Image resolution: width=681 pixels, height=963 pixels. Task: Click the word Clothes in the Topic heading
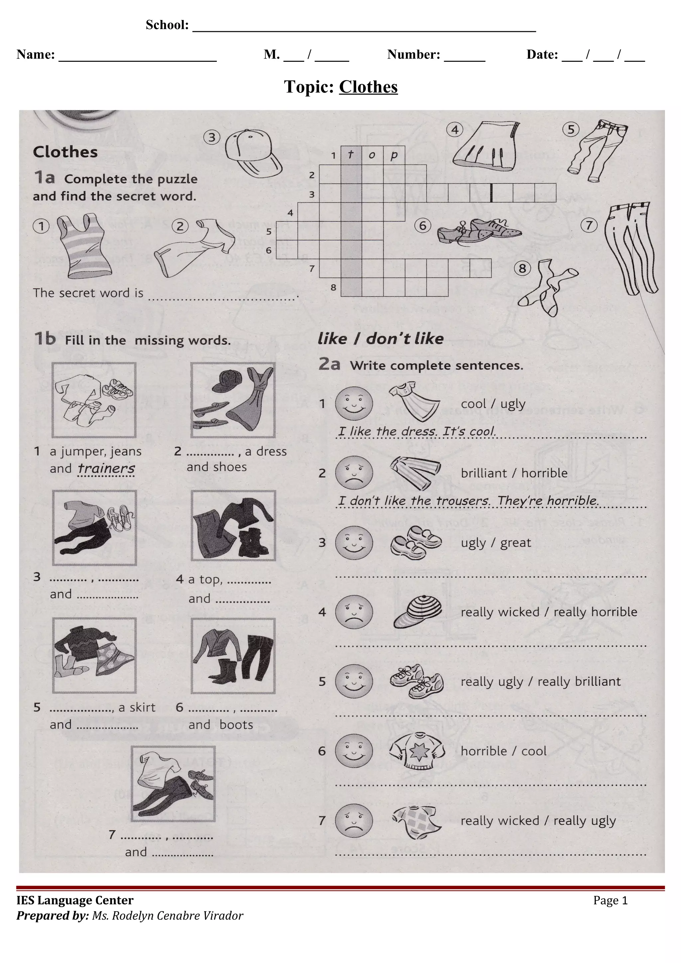(x=368, y=87)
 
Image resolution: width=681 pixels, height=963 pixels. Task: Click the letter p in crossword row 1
(x=394, y=155)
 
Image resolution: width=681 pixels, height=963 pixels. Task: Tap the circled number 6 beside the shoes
(x=423, y=226)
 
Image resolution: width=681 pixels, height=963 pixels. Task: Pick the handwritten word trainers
(x=107, y=468)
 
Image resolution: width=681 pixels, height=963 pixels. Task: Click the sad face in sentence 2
(x=354, y=473)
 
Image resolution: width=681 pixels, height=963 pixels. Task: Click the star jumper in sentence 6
(x=417, y=751)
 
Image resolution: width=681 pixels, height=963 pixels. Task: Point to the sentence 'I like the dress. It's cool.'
(x=417, y=431)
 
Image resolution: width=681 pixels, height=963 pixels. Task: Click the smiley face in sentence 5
(x=354, y=681)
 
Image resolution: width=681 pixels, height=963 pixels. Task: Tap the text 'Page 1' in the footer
(x=610, y=900)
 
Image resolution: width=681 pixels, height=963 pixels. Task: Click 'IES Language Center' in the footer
(x=75, y=900)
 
